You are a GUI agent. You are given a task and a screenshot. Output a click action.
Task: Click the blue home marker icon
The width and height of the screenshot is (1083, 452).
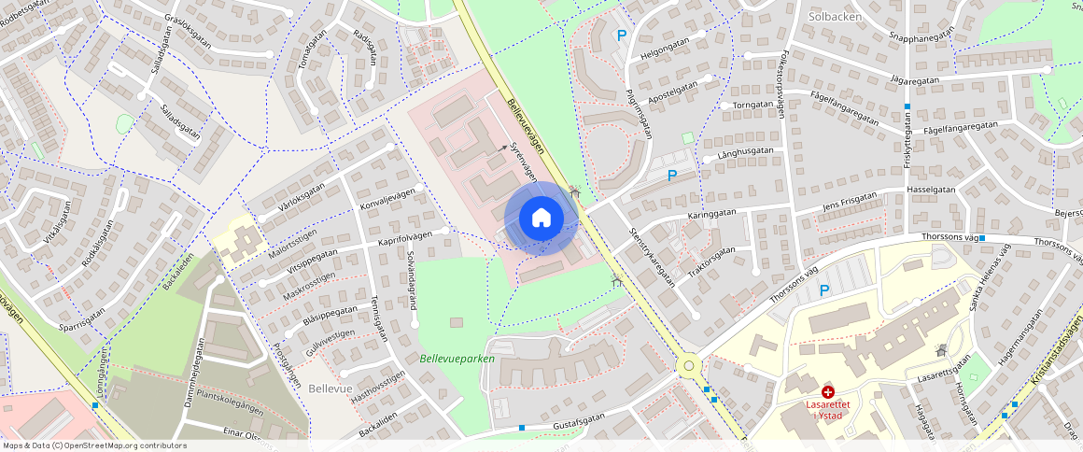tap(541, 219)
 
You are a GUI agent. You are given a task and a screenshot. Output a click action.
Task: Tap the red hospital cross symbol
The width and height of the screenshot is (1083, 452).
tap(827, 392)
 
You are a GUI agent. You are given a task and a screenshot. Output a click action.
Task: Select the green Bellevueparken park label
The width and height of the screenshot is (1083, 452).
tap(457, 359)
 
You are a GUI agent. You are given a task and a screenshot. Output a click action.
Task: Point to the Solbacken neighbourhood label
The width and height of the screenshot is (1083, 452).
tap(835, 17)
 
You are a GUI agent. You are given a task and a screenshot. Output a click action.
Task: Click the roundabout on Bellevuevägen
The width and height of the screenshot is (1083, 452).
tap(690, 366)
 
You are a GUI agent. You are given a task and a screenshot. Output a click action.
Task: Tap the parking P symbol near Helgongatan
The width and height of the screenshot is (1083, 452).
tap(622, 35)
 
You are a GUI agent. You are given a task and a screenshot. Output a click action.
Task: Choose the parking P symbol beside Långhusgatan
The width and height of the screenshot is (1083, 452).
tap(671, 175)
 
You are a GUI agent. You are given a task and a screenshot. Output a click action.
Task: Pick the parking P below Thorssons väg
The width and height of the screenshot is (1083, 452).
tap(823, 290)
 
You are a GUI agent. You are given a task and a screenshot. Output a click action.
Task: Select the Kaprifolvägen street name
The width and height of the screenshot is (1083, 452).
tap(403, 238)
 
